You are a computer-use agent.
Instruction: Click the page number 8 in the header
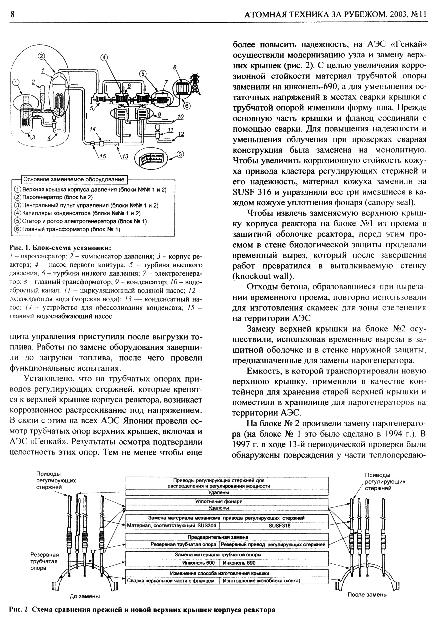tap(13, 14)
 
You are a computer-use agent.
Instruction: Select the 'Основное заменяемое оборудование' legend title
tap(74, 179)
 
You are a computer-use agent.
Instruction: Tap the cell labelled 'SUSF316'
tap(279, 526)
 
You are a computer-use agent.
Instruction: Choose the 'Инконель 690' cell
tap(239, 563)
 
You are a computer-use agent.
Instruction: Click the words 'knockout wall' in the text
tap(263, 276)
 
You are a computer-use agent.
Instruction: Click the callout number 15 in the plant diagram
tap(102, 156)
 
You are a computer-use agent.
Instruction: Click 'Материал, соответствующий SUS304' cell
tap(172, 526)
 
